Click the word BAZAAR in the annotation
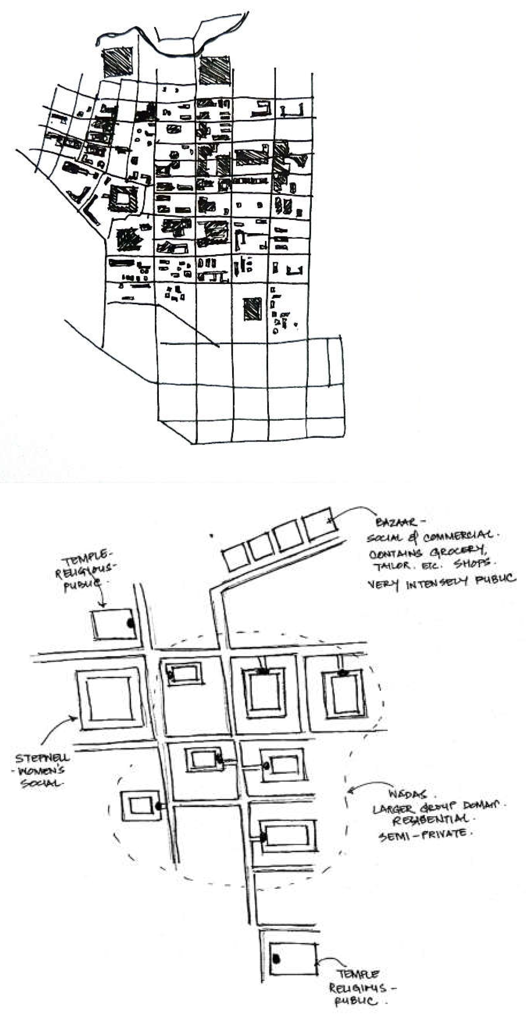tap(395, 522)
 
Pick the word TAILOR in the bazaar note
tap(392, 566)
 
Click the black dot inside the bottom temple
tap(276, 959)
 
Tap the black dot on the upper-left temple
tap(130, 623)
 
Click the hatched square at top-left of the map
tap(118, 62)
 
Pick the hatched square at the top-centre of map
tap(215, 71)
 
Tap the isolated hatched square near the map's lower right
tap(252, 309)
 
